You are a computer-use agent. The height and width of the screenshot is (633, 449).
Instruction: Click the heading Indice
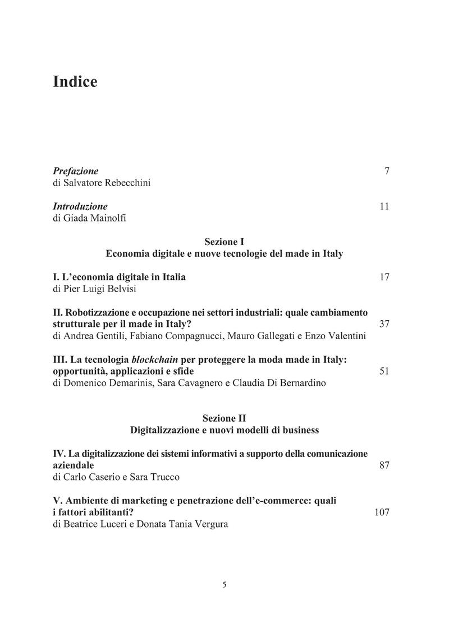[x=75, y=82]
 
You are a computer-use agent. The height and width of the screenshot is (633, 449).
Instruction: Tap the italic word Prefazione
[x=75, y=171]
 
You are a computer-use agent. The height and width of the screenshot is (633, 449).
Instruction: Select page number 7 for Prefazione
[x=387, y=171]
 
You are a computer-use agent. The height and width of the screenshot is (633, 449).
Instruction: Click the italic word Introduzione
[x=80, y=206]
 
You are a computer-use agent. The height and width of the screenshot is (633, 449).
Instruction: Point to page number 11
[x=384, y=206]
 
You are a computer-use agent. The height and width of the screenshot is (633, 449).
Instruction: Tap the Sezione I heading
[x=224, y=242]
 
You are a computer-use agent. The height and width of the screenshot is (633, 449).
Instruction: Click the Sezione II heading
[x=224, y=418]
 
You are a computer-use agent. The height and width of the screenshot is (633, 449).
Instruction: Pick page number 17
[x=384, y=277]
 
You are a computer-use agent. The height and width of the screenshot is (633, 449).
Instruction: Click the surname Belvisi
[x=122, y=289]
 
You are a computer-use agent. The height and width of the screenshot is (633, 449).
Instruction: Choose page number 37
[x=384, y=324]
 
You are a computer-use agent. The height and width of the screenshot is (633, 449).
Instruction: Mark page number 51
[x=384, y=371]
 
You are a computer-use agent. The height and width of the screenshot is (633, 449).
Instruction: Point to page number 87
[x=384, y=465]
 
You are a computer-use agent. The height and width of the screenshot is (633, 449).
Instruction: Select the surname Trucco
[x=164, y=477]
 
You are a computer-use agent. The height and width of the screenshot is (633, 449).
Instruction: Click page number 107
[x=382, y=512]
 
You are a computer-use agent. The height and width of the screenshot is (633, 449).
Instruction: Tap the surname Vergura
[x=209, y=524]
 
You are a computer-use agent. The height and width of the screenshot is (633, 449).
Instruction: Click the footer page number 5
[x=224, y=584]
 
